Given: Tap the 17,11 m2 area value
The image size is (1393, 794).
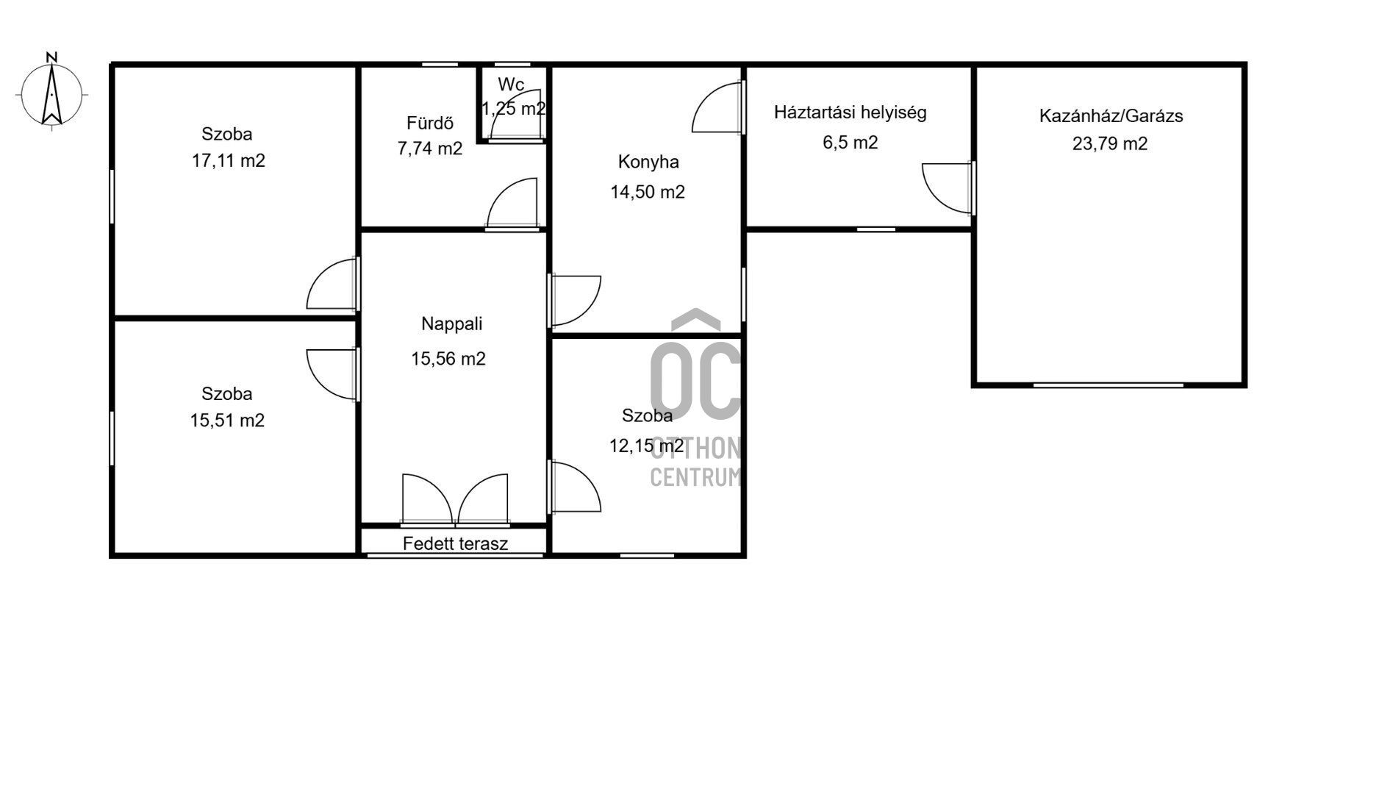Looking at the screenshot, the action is tap(229, 160).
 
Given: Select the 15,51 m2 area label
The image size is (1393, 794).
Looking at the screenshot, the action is tap(227, 420).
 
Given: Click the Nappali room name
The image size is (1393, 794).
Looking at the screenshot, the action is tap(452, 323).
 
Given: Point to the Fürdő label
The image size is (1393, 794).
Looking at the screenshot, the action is tap(430, 123).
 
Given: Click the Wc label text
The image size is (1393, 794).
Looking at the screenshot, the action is tap(511, 84).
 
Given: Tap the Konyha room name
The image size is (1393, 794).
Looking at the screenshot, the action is tap(648, 162).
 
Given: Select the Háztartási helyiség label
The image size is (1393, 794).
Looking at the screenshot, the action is tap(851, 112).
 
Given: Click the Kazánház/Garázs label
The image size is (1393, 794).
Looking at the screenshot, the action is tap(1111, 115).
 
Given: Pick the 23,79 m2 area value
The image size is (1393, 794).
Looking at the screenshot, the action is tap(1110, 143).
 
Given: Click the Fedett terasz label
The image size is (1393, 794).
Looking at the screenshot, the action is tap(456, 544).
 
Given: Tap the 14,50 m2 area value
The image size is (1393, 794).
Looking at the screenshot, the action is tap(648, 192).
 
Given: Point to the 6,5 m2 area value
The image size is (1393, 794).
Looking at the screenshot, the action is tap(851, 142).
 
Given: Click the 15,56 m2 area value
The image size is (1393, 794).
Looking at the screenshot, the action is tap(448, 359).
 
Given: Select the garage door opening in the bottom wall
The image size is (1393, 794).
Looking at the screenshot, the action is tap(1109, 385).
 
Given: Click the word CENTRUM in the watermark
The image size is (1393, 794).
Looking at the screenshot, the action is tap(695, 477).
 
